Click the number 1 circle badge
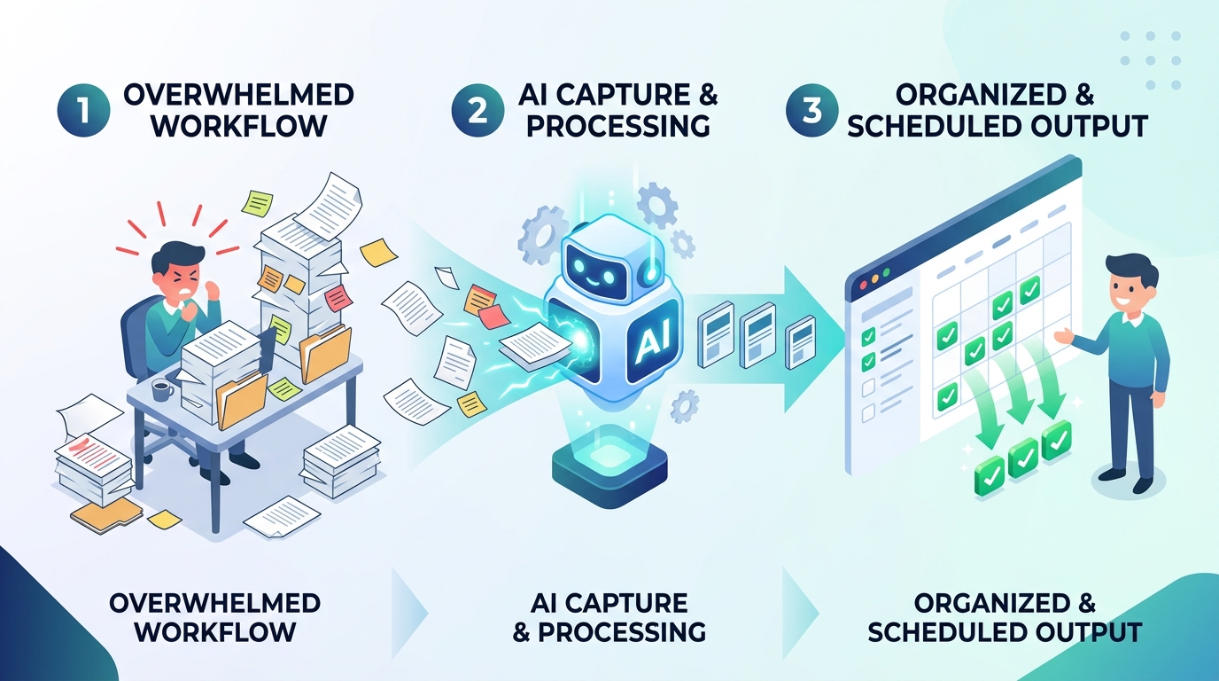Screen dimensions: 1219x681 pos(84,110)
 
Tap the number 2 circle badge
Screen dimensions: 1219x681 pos(478,110)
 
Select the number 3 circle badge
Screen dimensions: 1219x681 pos(812,110)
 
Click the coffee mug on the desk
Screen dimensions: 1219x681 pos(161,390)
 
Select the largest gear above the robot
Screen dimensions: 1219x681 pos(657,206)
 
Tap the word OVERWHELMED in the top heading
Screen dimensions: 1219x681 pos(239,96)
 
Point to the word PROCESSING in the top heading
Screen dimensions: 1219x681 pos(617,126)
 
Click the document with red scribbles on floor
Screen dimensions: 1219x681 pos(93,458)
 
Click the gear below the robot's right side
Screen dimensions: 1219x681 pos(685,406)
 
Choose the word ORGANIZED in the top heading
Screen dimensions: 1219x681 pos(982,96)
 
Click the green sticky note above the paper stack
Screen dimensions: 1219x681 pos(257,204)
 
